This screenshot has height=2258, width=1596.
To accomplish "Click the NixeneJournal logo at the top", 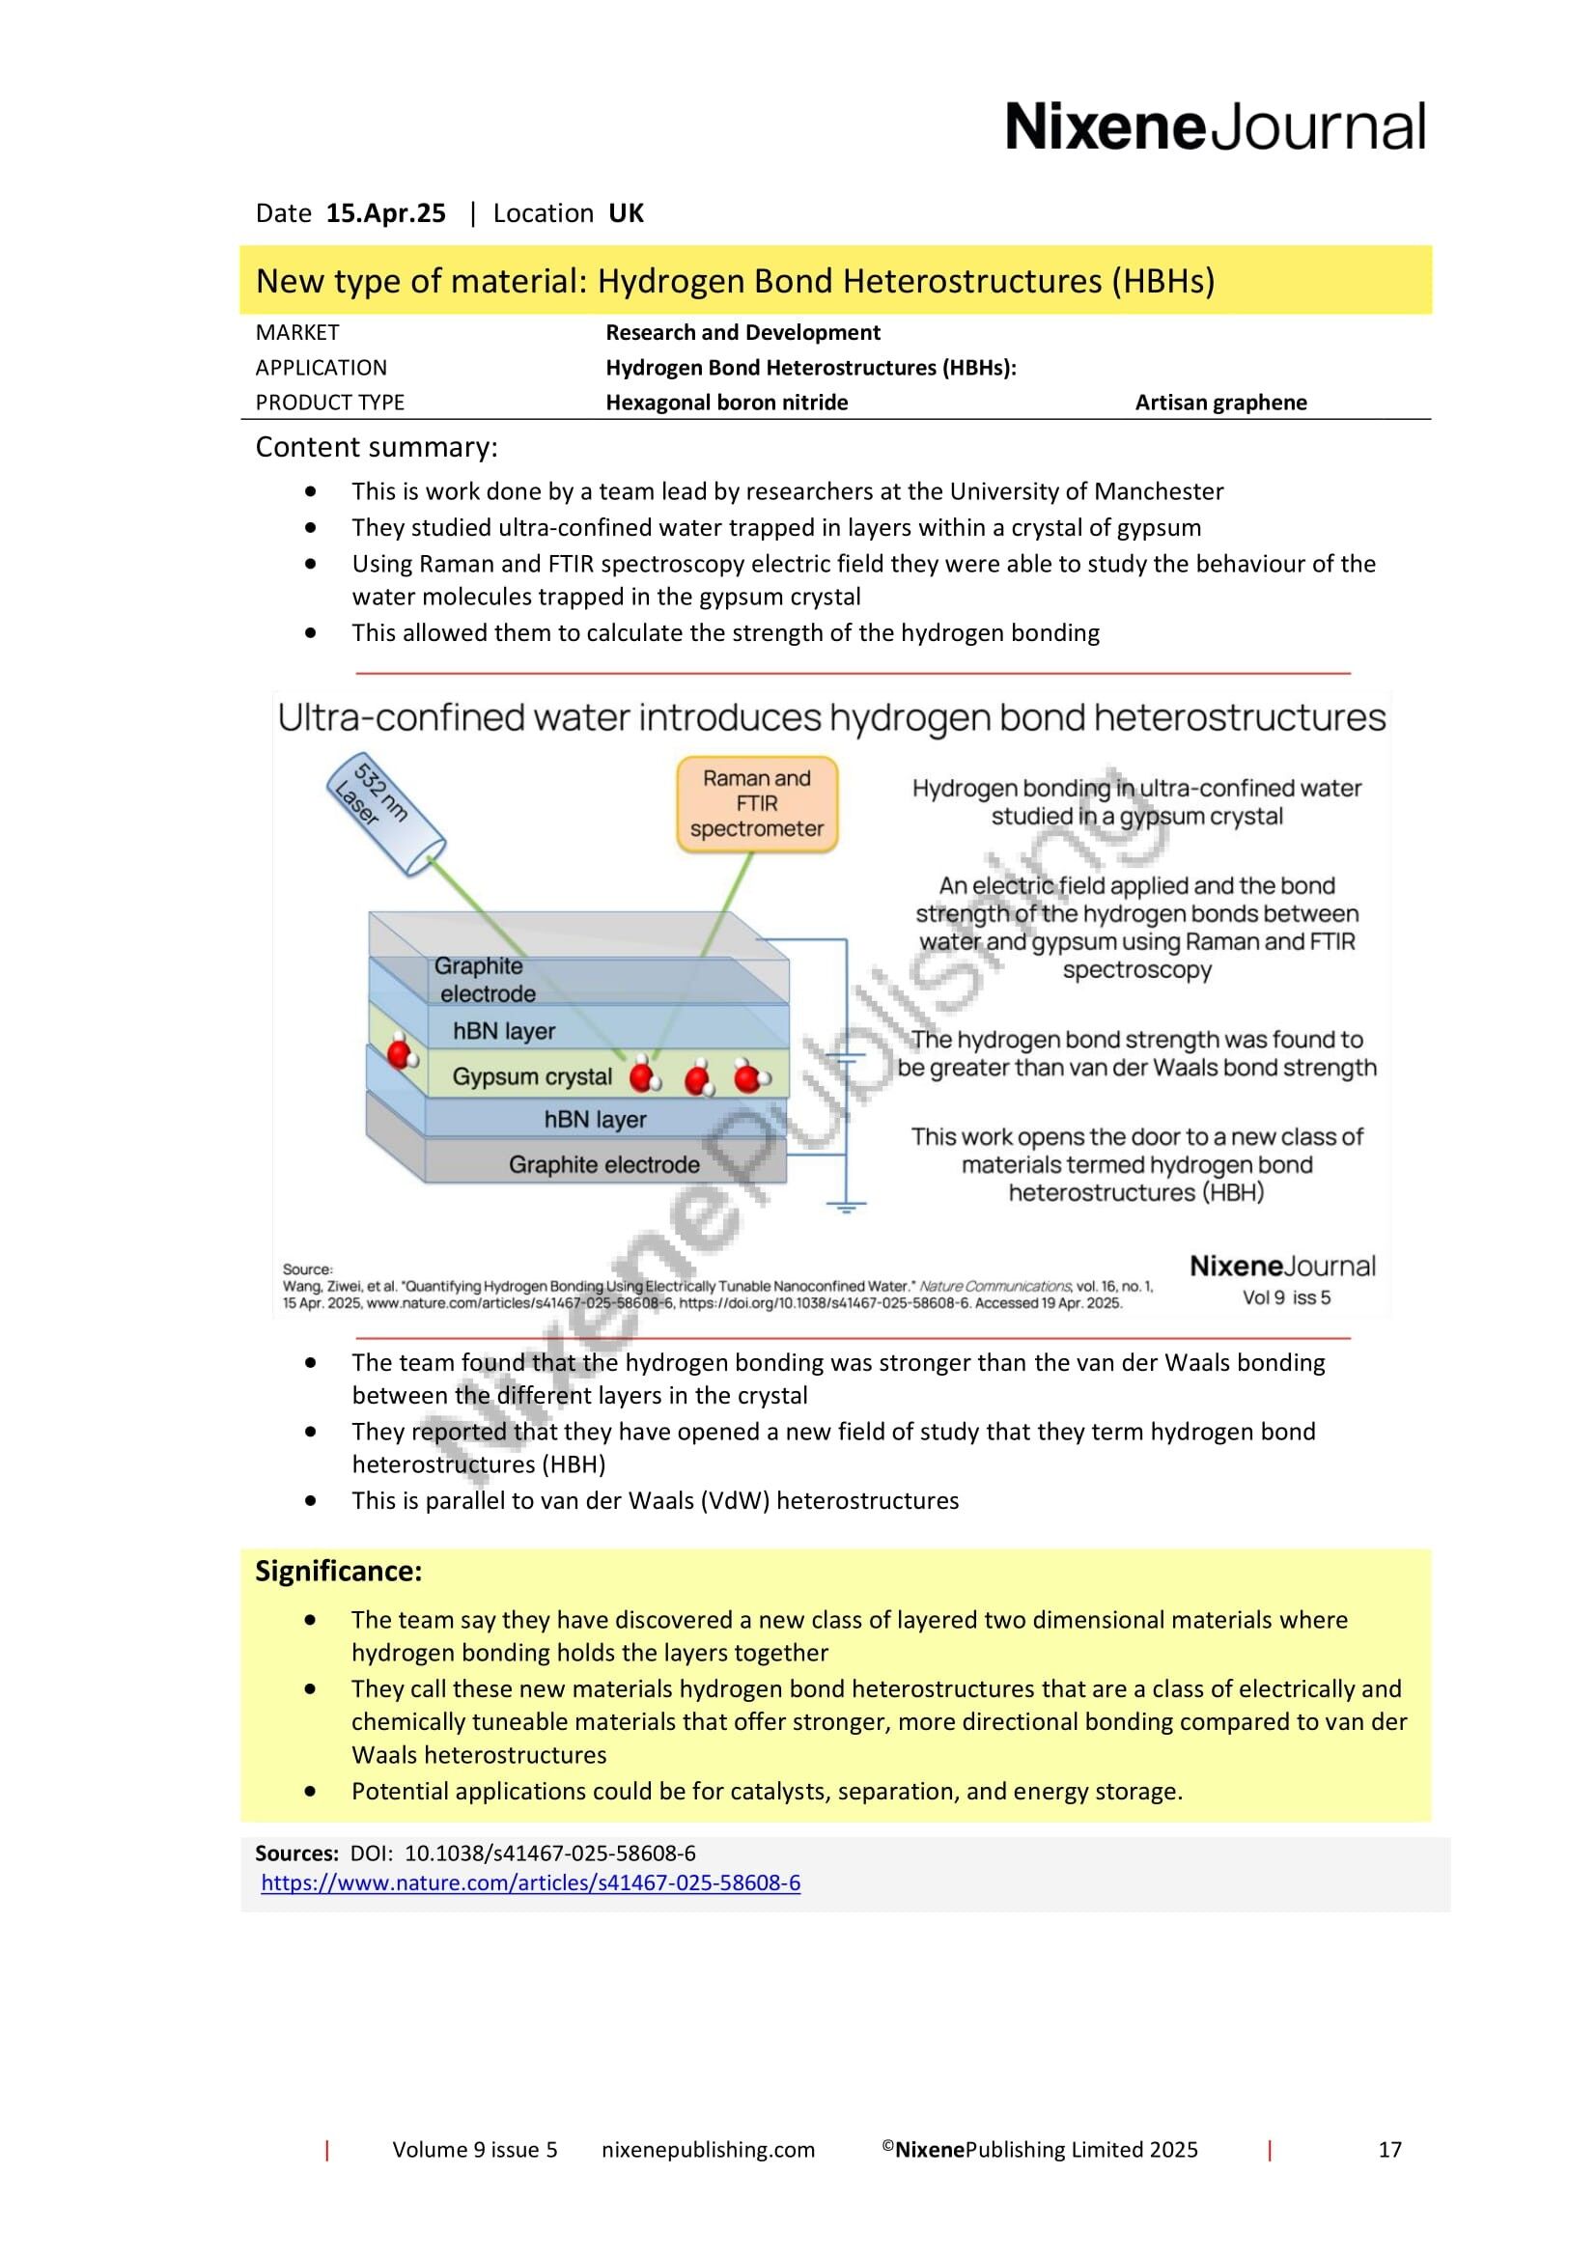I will click(1215, 127).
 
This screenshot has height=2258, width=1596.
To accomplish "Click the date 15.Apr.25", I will click(385, 213).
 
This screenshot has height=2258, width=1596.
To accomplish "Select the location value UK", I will click(626, 213).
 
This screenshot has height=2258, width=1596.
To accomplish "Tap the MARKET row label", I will click(297, 332).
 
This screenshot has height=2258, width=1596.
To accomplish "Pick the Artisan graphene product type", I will click(1220, 403).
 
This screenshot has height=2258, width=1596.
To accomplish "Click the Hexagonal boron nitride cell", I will click(726, 403).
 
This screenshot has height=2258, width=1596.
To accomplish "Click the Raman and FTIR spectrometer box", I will click(756, 803).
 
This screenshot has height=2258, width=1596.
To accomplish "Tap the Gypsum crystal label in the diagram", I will click(532, 1077).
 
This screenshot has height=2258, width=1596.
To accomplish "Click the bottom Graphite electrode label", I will click(603, 1164).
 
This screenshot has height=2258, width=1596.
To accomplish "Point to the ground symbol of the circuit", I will click(845, 1206).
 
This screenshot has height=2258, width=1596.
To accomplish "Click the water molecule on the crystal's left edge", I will click(402, 1054).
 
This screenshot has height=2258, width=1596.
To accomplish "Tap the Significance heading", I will click(338, 1571).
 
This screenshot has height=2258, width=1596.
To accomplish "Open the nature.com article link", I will click(530, 1882).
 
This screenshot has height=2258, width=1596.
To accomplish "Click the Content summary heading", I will click(377, 448).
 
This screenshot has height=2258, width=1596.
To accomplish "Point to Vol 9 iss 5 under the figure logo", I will click(1286, 1297).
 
